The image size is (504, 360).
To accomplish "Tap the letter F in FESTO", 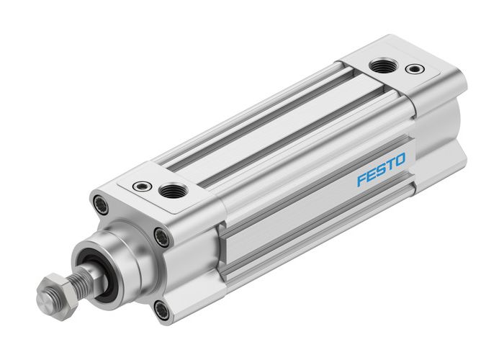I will coord(362,181).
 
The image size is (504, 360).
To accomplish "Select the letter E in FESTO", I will coord(372,178).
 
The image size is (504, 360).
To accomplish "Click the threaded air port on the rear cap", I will coord(379,67).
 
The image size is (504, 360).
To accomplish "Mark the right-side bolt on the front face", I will coord(162,236).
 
